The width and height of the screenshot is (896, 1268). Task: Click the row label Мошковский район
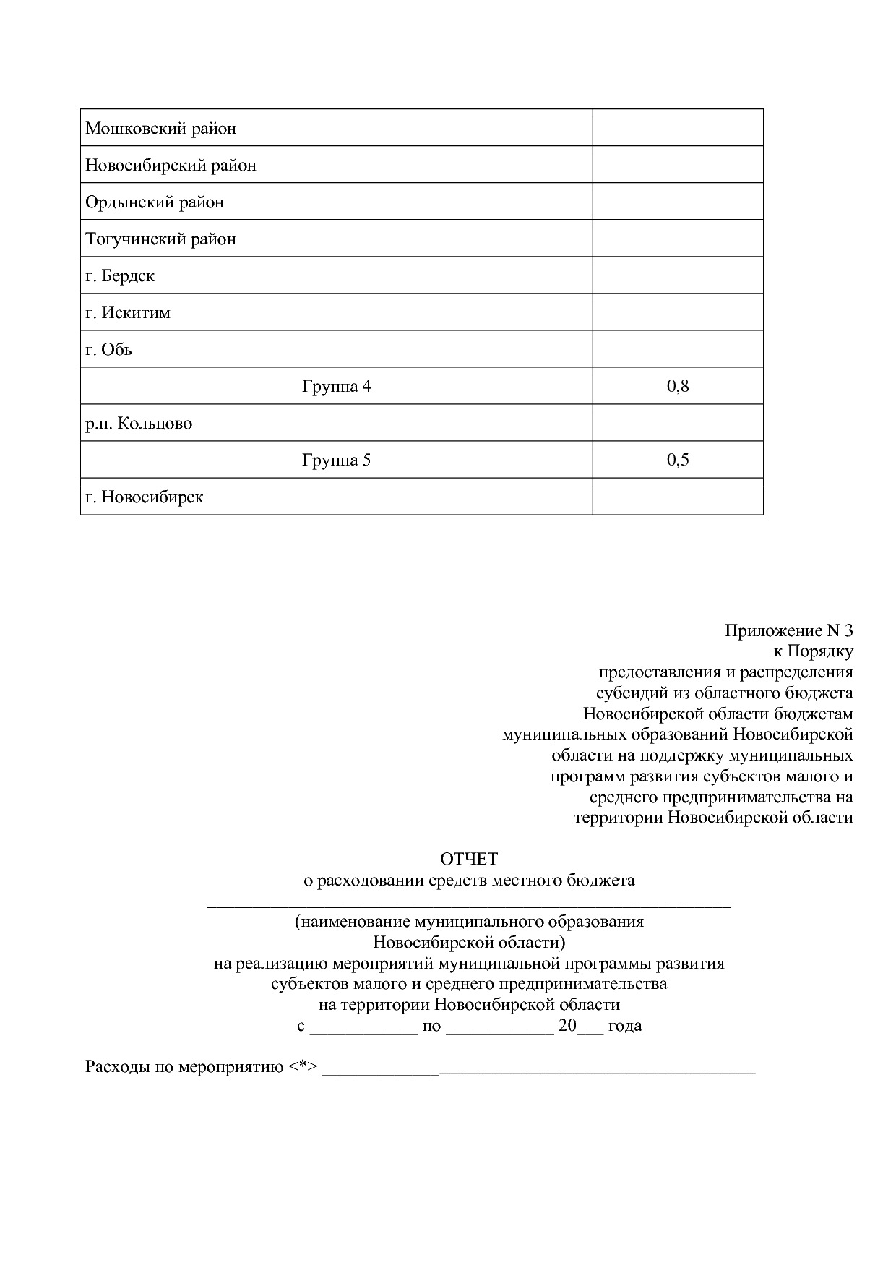(x=161, y=129)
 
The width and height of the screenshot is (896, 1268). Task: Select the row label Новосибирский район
(x=171, y=166)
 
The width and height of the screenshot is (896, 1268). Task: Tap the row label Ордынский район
(x=155, y=202)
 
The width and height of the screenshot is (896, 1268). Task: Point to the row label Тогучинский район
(x=160, y=239)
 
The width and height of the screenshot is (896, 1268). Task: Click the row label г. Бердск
(x=120, y=276)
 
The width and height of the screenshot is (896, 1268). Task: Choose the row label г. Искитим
(x=128, y=313)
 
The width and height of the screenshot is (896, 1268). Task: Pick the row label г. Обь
(x=108, y=350)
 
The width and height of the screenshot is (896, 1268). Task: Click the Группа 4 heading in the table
(x=336, y=386)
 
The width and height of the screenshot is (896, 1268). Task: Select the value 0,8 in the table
(x=678, y=386)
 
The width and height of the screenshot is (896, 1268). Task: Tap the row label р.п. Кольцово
(x=139, y=424)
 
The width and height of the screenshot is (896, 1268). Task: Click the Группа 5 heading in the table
(x=336, y=460)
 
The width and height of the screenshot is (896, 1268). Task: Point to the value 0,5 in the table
(x=678, y=460)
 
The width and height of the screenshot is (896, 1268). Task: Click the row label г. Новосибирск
(x=145, y=497)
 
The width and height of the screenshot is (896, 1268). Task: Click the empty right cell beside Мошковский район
(x=678, y=128)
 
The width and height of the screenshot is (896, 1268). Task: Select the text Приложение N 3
(x=788, y=630)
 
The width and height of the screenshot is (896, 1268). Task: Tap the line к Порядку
(x=813, y=651)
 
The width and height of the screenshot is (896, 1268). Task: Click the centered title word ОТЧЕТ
(x=469, y=859)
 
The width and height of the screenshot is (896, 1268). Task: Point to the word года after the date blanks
(x=625, y=1025)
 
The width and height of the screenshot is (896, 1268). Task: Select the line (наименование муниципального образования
(x=469, y=922)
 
